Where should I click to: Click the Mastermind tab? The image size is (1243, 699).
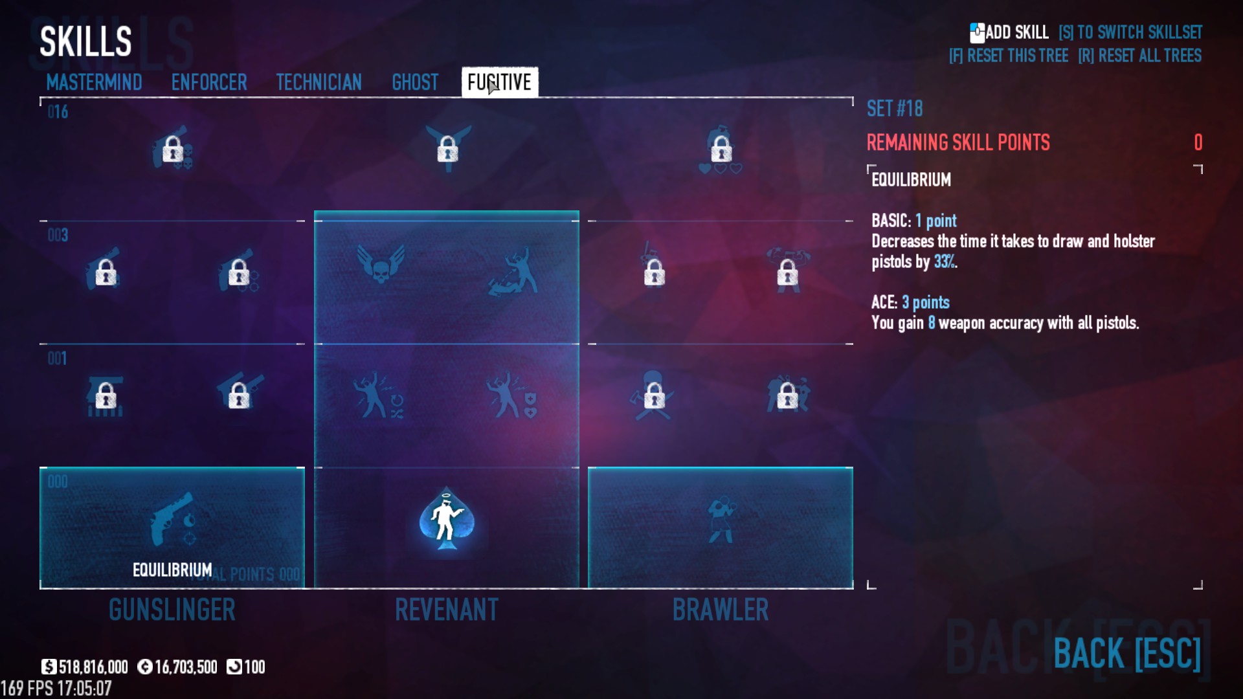(x=94, y=82)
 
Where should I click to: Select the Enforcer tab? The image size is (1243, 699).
(x=209, y=82)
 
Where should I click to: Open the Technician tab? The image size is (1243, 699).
(x=319, y=82)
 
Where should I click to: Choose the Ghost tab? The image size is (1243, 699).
(x=415, y=82)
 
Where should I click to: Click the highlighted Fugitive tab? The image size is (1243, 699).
(x=499, y=82)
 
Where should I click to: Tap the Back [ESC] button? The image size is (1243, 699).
(x=1127, y=653)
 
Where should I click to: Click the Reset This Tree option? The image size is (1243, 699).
(x=1009, y=56)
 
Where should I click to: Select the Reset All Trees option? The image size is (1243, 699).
(x=1140, y=56)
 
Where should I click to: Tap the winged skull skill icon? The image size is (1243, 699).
(x=381, y=264)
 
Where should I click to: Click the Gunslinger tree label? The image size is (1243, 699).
(x=172, y=610)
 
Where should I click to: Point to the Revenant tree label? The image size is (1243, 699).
(x=447, y=610)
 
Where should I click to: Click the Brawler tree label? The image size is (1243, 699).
(x=721, y=610)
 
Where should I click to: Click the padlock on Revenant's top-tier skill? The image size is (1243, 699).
(x=447, y=150)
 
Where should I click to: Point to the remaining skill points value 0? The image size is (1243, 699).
(x=1198, y=142)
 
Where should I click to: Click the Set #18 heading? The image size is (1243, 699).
(x=895, y=109)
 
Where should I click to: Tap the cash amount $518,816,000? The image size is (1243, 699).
(x=85, y=667)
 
